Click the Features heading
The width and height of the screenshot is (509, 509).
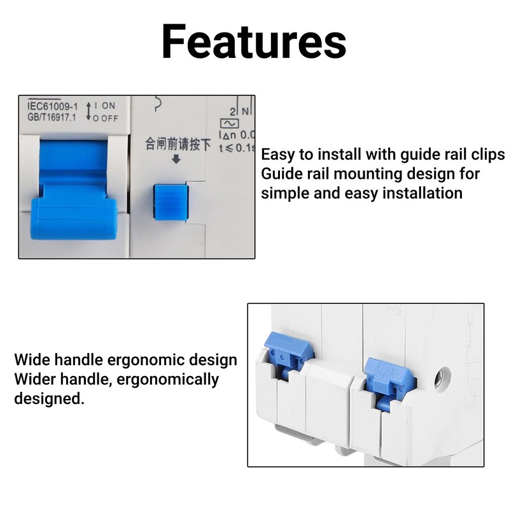coord(254,41)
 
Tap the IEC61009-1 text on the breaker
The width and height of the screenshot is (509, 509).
coord(53,106)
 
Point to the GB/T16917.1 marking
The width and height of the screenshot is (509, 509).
coord(52,117)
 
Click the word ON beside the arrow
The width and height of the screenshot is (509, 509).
coord(108,106)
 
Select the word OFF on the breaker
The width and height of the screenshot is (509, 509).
coord(109,118)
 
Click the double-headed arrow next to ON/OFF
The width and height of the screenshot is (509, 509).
coord(88,111)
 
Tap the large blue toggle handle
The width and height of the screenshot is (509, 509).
coord(74,190)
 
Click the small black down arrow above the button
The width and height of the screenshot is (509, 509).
coord(176,159)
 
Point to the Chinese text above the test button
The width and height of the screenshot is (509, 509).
coord(178,144)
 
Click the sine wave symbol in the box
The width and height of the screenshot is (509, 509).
coord(230,123)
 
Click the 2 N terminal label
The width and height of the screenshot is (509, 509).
coord(241,111)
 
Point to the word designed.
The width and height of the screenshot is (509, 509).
coord(49,398)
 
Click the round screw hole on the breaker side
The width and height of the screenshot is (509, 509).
coord(442,377)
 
